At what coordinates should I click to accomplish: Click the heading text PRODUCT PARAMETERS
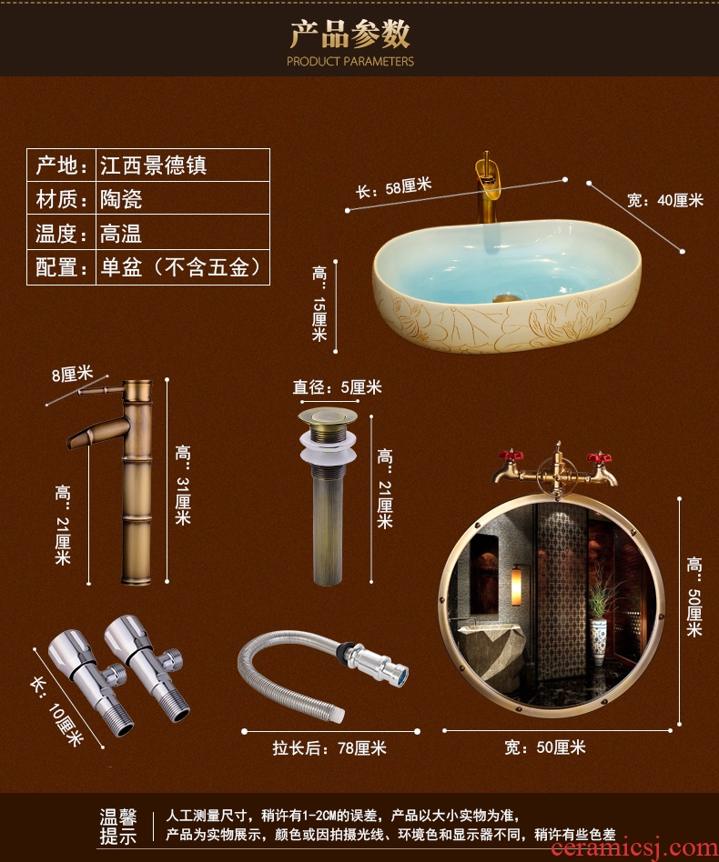(349, 61)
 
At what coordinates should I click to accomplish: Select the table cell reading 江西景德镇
(154, 165)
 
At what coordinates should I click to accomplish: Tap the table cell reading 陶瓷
(121, 199)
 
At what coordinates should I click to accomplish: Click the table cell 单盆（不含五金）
(180, 267)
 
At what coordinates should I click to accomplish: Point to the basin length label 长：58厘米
(393, 188)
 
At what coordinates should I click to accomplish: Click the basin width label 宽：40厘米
(665, 200)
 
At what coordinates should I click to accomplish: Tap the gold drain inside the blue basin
(505, 298)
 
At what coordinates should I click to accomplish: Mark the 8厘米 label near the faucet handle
(73, 375)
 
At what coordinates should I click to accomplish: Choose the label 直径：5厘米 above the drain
(337, 387)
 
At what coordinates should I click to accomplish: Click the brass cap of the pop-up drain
(328, 416)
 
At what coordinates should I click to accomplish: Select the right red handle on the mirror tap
(599, 456)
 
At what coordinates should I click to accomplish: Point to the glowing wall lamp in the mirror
(516, 587)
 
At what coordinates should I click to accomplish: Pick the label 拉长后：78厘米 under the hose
(329, 748)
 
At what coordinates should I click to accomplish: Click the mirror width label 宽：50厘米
(545, 747)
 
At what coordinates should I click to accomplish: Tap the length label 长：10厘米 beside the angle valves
(56, 710)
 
